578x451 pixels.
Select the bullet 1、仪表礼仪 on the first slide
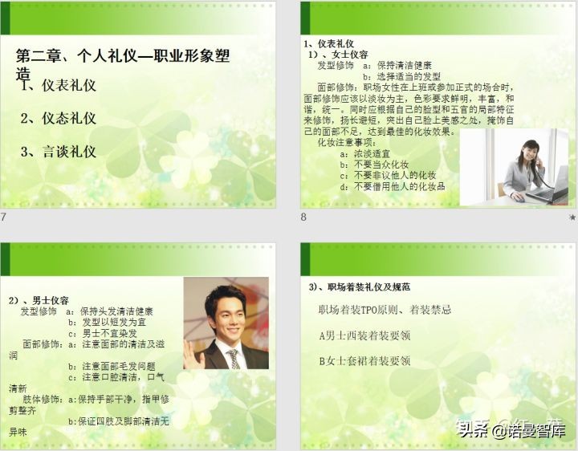tap(59, 85)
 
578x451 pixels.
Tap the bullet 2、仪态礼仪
tap(59, 118)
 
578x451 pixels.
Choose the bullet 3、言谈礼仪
tap(59, 151)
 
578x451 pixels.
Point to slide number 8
tap(303, 217)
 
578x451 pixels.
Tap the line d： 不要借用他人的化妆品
tap(393, 186)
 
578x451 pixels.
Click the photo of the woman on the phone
tap(514, 166)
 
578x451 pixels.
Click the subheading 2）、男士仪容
tap(39, 300)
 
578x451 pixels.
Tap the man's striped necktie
tap(234, 358)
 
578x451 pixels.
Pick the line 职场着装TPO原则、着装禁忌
tap(385, 310)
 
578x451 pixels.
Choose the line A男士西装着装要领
tap(364, 335)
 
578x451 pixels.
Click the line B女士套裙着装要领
tap(364, 361)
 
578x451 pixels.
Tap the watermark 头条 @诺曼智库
tap(511, 430)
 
